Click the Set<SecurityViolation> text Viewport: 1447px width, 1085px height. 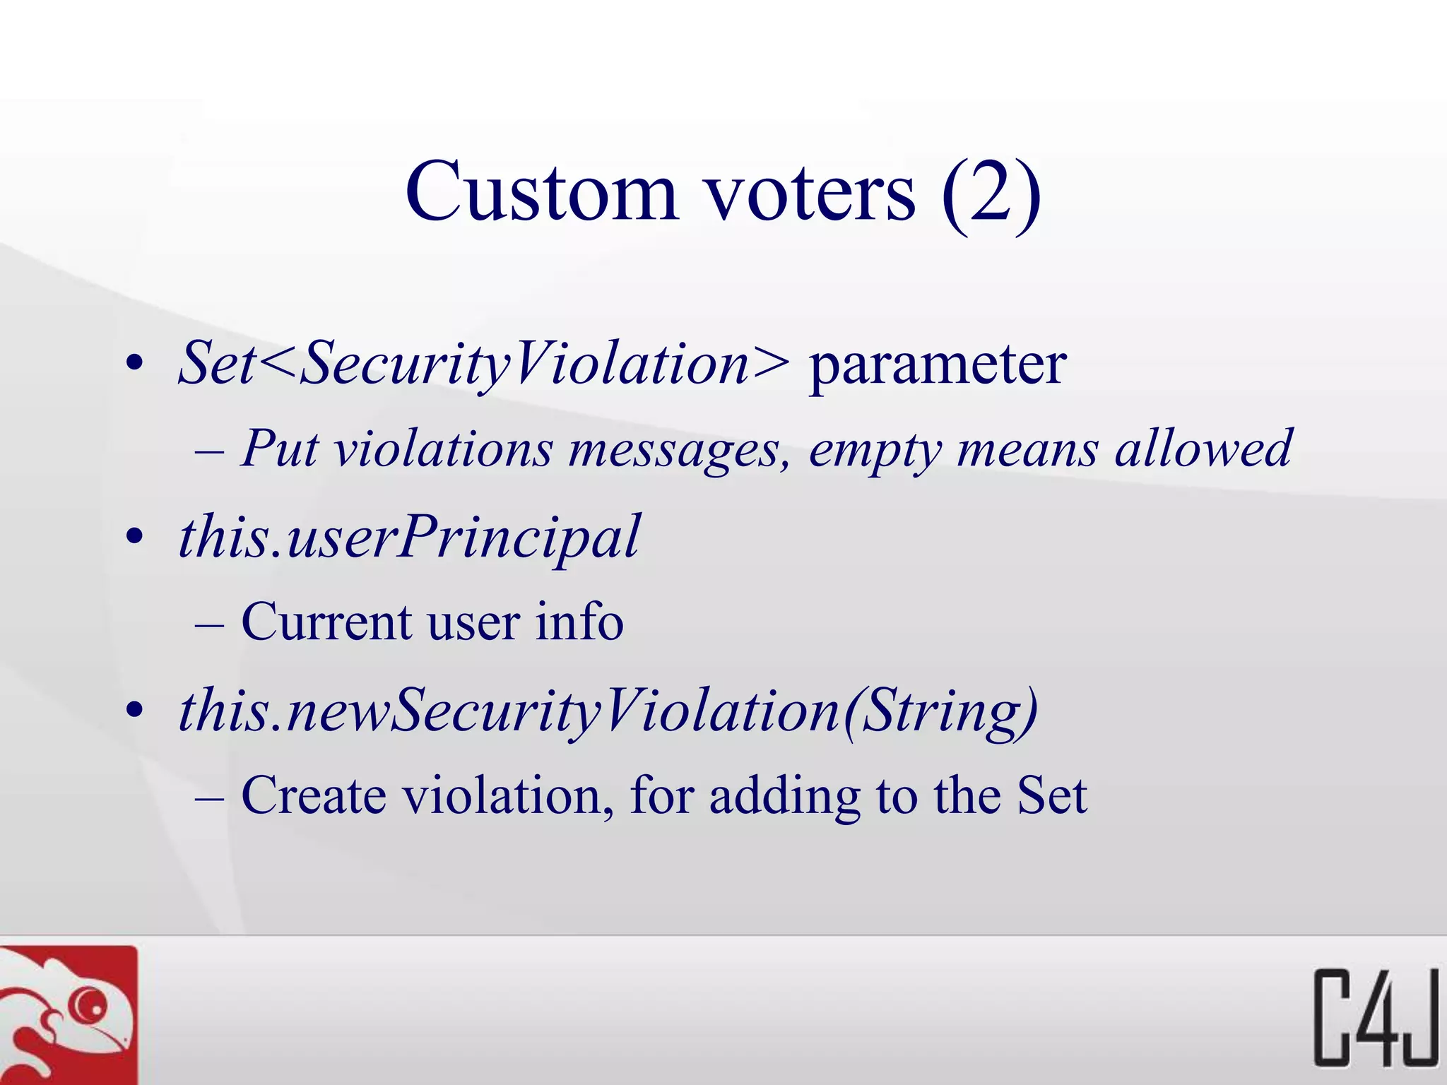483,364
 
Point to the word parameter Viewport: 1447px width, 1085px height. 937,365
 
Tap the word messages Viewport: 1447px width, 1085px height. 679,451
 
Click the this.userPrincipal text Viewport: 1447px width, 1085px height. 409,538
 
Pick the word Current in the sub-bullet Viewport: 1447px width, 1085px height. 326,622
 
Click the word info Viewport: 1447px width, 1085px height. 579,622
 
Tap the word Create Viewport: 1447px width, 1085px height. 314,795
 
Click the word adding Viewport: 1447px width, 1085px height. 784,797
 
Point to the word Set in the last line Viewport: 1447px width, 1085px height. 1051,795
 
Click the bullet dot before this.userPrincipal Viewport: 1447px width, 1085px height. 134,538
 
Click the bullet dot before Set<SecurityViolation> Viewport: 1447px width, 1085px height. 134,364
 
